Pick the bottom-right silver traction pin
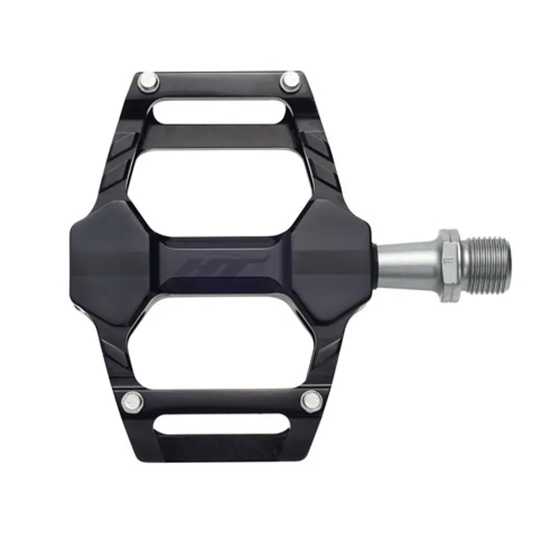(310, 400)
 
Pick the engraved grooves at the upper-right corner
(319, 154)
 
